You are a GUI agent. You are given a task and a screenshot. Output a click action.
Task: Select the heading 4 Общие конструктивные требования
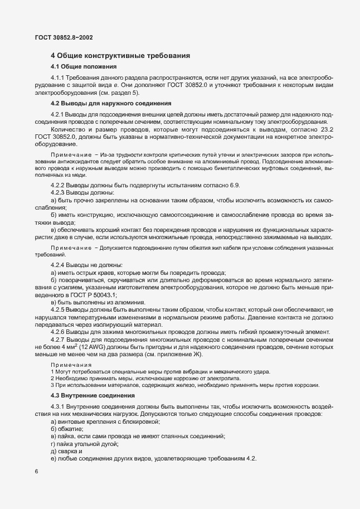[121, 56]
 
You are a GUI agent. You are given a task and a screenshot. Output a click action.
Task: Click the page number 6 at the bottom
[36, 472]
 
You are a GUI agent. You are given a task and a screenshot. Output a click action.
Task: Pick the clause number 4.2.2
[57, 185]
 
